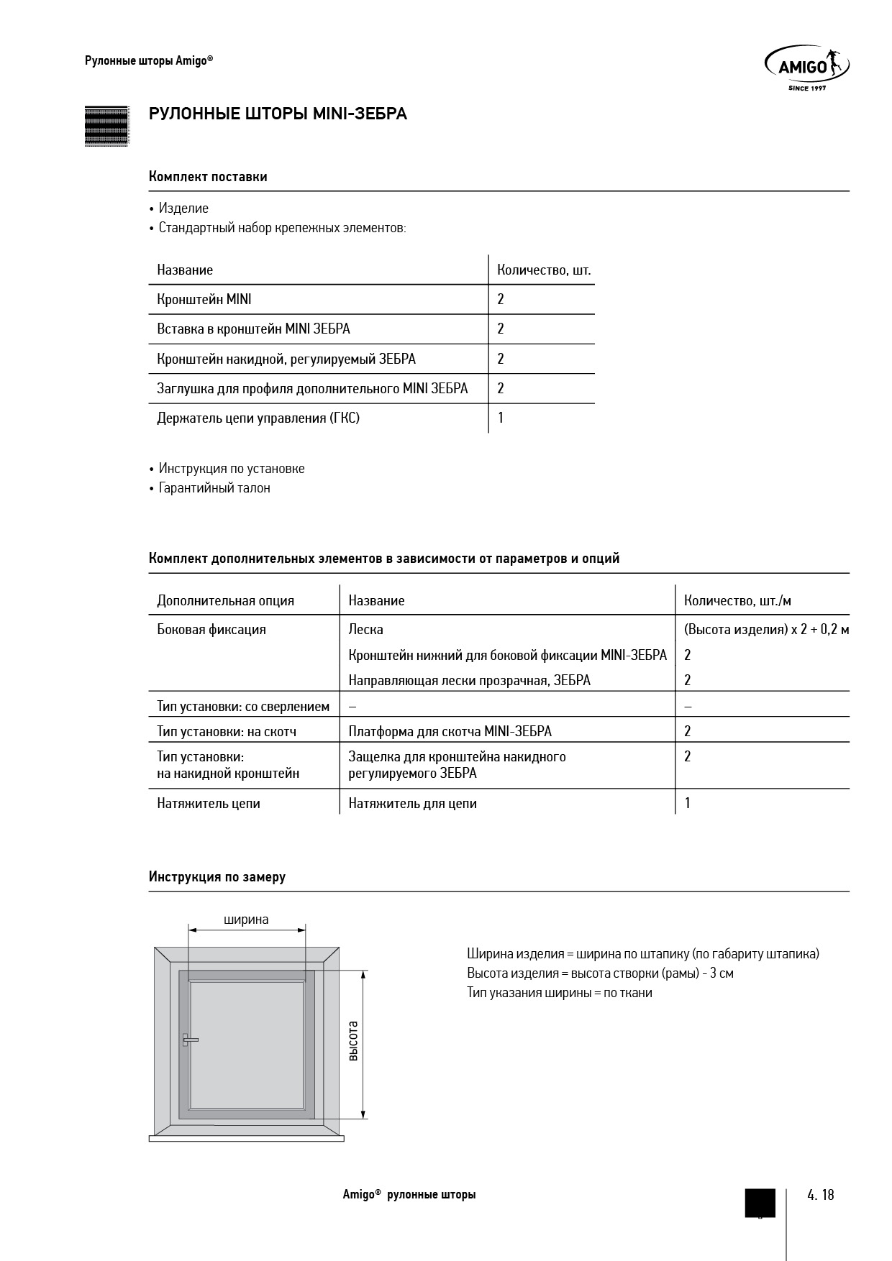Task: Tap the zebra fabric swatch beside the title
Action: coord(106,127)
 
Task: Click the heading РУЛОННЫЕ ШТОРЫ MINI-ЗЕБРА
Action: coord(278,114)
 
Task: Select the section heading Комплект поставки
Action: coord(208,177)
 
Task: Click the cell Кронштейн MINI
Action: coord(204,299)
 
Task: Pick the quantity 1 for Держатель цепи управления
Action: coord(501,418)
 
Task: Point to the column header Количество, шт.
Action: coord(544,270)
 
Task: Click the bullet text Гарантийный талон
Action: coord(214,488)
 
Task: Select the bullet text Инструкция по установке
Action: coord(232,469)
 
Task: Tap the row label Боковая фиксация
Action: coord(211,630)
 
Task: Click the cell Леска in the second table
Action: coord(365,630)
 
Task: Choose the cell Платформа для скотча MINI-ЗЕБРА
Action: coord(450,731)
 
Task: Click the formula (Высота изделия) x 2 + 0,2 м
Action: coord(767,630)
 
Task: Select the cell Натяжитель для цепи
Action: coord(412,804)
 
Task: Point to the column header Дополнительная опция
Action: coord(225,601)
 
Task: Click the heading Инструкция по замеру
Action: coord(217,877)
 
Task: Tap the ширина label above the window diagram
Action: coord(246,920)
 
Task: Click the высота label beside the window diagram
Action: coord(353,1041)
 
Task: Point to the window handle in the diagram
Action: coord(189,1040)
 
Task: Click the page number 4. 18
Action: coord(820,1195)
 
